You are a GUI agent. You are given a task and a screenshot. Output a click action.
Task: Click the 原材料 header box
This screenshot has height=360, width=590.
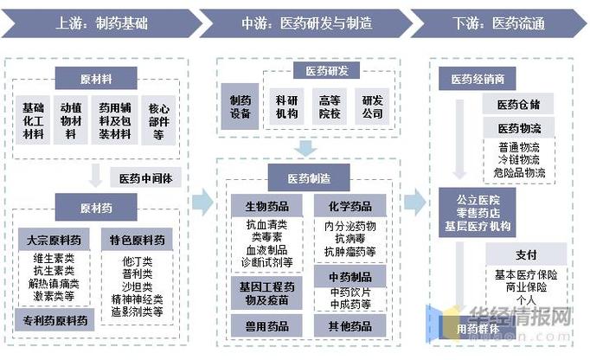point(95,79)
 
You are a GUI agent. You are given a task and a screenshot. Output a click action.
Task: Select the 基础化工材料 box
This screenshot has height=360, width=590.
point(35,120)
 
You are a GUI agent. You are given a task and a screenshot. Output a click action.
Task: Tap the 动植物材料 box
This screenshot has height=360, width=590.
point(72,120)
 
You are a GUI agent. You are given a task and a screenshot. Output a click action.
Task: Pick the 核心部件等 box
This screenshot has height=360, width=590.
point(157,120)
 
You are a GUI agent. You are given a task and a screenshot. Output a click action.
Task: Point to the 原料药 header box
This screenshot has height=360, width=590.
point(95,208)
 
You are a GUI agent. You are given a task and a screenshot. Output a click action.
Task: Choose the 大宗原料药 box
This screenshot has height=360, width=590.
point(55,239)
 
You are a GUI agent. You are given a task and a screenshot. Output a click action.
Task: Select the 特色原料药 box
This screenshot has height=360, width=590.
point(137,239)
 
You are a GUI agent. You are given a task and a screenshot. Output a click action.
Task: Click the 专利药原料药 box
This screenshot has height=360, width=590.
point(55,321)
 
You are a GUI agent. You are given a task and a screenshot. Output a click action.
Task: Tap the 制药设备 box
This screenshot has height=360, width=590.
point(240,107)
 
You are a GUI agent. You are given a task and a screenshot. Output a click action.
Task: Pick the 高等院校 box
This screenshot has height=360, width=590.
point(330,107)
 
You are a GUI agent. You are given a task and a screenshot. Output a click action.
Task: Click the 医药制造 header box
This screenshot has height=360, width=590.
point(308,178)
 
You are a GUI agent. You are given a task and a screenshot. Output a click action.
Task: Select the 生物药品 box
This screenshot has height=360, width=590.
point(266,207)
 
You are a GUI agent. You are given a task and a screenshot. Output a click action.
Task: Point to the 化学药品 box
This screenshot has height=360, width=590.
point(350,207)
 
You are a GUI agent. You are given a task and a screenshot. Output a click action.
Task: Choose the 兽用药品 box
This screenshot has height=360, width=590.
point(266,325)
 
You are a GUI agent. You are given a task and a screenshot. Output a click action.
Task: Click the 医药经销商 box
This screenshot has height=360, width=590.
point(477,79)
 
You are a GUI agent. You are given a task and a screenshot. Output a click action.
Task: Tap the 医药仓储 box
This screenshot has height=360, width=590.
point(518,105)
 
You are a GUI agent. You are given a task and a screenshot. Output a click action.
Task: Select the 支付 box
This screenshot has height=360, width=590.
point(526,254)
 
